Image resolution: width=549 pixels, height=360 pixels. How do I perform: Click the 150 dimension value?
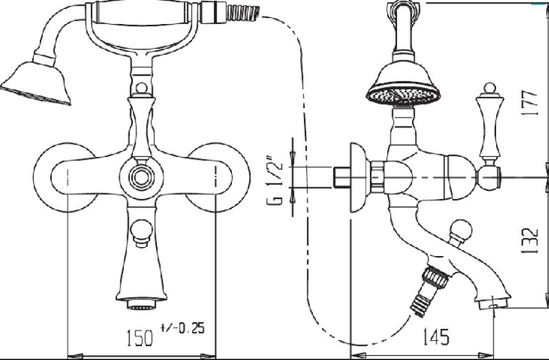(x=140, y=337)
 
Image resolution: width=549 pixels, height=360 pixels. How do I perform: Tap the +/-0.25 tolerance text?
(x=182, y=328)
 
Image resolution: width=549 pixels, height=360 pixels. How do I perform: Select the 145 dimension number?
(x=435, y=337)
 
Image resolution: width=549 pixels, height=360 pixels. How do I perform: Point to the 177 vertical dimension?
(x=529, y=103)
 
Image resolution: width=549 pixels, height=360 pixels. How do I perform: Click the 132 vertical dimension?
(x=529, y=241)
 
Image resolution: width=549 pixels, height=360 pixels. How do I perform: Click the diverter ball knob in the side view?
(x=460, y=231)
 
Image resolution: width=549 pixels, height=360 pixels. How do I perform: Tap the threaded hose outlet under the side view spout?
(x=429, y=290)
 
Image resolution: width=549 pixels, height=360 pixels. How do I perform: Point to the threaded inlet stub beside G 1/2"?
(x=340, y=178)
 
